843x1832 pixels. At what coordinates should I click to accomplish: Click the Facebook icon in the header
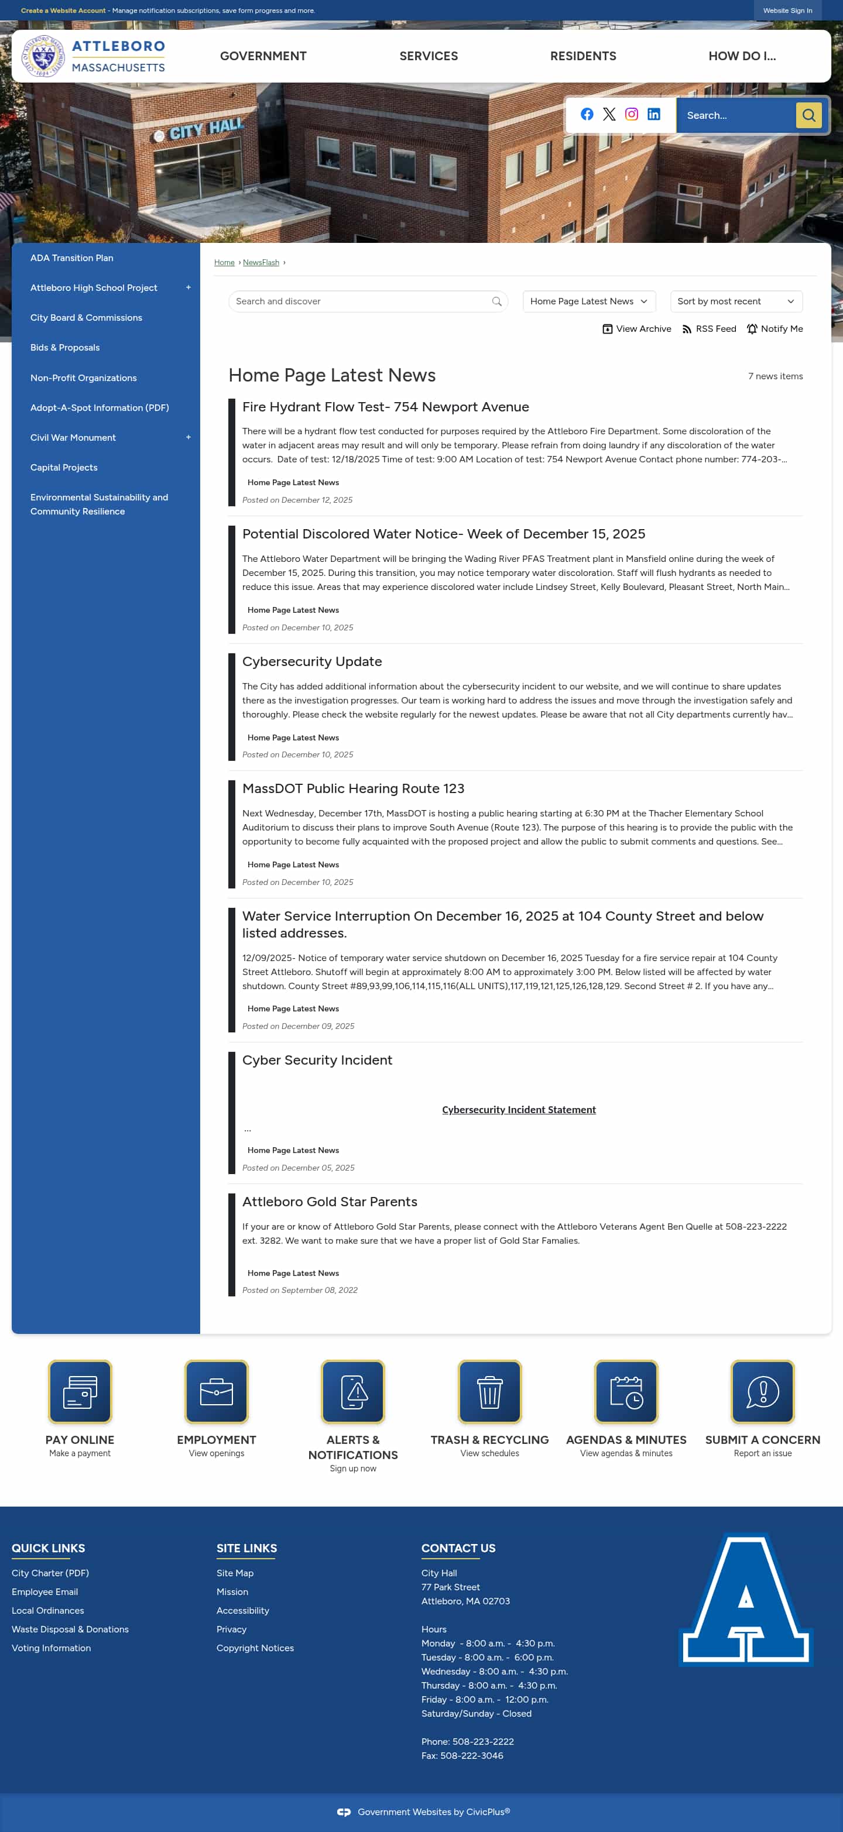point(587,115)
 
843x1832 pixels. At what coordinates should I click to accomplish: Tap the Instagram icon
point(632,115)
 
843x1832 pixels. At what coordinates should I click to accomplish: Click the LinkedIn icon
point(654,115)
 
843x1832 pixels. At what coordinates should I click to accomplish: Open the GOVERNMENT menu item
point(263,56)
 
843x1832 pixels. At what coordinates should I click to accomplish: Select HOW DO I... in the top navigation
point(742,56)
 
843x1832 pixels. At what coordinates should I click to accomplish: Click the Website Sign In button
point(787,11)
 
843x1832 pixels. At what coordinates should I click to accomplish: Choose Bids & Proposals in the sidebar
point(65,348)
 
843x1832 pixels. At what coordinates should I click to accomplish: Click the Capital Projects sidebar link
point(64,467)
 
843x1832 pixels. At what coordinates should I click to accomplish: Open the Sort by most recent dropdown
point(736,301)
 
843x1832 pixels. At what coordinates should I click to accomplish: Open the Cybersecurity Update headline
point(311,661)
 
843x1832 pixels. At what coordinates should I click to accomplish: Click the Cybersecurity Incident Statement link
point(519,1109)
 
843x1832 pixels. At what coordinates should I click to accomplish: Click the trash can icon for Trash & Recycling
point(489,1392)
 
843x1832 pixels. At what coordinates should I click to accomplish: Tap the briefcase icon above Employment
point(216,1392)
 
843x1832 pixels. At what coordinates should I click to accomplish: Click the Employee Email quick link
point(45,1591)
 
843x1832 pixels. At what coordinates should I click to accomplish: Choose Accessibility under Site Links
point(242,1610)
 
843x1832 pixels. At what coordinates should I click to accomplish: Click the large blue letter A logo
point(746,1600)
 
